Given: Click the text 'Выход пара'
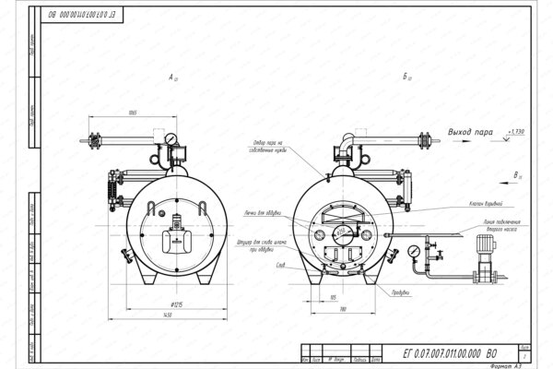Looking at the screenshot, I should [x=470, y=133].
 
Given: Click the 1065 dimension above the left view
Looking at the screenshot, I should [x=133, y=113].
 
